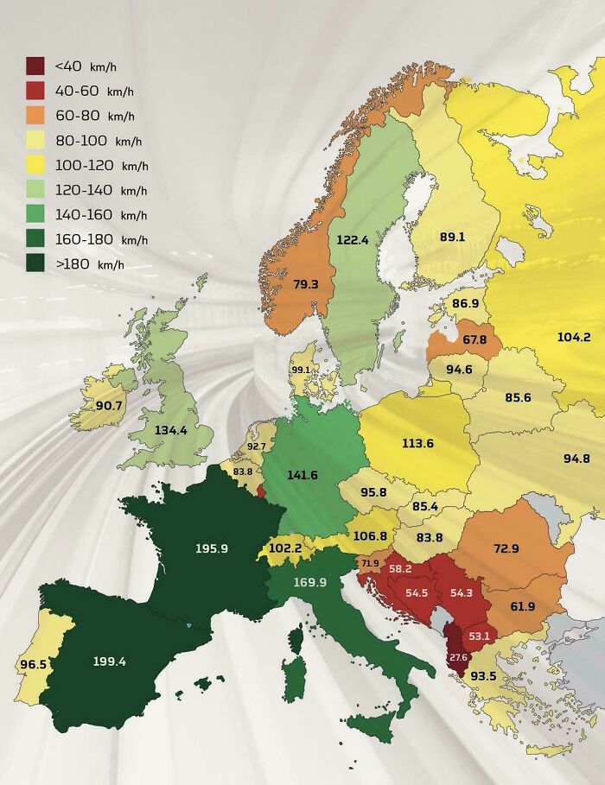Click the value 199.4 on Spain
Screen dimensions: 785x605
point(110,662)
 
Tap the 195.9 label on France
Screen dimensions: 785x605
point(211,548)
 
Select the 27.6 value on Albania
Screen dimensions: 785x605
point(457,657)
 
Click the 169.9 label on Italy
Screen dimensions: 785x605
point(309,582)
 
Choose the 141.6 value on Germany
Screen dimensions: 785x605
point(302,475)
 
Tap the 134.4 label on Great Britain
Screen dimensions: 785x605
point(170,430)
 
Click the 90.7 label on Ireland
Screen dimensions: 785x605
point(109,405)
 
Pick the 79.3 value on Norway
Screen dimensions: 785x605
point(305,283)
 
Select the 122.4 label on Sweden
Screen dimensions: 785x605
point(353,240)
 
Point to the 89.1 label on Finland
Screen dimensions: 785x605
point(452,237)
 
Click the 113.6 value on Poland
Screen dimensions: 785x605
point(417,443)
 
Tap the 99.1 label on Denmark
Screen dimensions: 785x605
point(301,370)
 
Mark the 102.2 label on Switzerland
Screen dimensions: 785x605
point(285,548)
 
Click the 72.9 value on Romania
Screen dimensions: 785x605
point(506,548)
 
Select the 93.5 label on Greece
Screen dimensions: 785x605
point(482,675)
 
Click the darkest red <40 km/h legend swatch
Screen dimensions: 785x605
point(35,66)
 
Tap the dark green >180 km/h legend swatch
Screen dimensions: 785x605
point(35,264)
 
